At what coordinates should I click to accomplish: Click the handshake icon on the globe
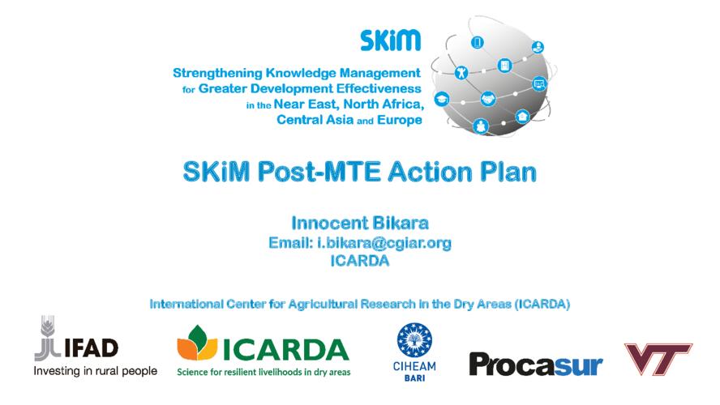tap(487, 99)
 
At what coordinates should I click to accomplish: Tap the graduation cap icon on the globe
tap(442, 99)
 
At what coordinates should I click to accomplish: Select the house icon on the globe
tap(522, 117)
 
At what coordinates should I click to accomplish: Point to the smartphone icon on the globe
tap(478, 43)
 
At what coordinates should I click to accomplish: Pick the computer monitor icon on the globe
tap(539, 84)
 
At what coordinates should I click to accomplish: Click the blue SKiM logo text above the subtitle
tap(390, 40)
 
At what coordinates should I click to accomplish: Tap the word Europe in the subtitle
tap(400, 120)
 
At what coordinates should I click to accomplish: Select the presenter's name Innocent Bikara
tap(360, 224)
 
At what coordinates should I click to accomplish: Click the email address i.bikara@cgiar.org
tap(384, 243)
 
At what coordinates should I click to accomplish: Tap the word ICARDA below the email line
tap(360, 261)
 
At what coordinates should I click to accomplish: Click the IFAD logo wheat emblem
tap(47, 338)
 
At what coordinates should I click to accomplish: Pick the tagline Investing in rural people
tap(95, 371)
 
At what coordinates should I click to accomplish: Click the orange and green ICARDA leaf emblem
tap(197, 343)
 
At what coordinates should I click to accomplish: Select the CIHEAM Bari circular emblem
tap(414, 340)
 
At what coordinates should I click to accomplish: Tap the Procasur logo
tap(535, 364)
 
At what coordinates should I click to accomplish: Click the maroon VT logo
tap(658, 358)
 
